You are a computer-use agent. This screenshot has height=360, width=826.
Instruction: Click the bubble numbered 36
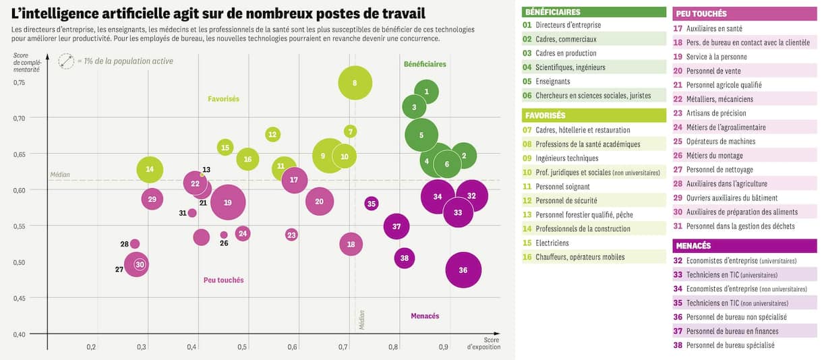[463, 270]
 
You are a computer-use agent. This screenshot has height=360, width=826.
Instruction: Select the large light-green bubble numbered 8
[355, 83]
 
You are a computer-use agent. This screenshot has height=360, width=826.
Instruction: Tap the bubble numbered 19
[228, 202]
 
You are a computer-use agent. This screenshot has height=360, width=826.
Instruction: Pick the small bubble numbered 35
[372, 204]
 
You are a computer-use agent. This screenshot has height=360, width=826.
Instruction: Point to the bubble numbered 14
[150, 169]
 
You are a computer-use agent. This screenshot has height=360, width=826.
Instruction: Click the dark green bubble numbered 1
[426, 92]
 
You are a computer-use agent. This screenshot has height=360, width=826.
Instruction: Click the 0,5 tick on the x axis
[242, 347]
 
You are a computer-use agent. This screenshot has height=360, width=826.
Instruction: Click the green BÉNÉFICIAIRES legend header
[552, 12]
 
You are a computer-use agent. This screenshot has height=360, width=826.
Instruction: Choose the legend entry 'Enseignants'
[553, 82]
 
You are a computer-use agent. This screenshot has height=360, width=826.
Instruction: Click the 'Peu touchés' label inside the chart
[223, 280]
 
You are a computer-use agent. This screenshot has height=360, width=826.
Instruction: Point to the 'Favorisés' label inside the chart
[223, 99]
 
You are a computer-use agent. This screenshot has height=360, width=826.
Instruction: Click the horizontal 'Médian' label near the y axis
[60, 175]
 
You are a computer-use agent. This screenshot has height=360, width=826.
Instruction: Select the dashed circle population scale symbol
[66, 61]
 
